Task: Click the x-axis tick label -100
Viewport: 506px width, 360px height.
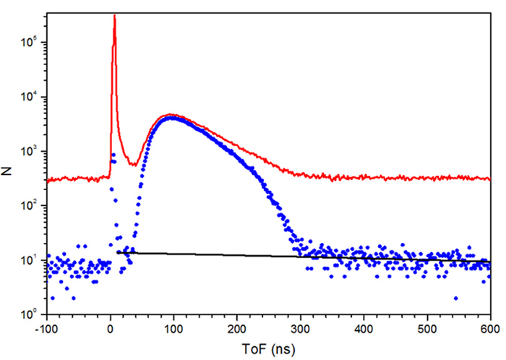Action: pyautogui.click(x=46, y=327)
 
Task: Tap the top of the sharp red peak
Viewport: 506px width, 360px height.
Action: pyautogui.click(x=114, y=15)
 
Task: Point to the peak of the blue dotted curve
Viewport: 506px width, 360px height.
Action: pyautogui.click(x=171, y=117)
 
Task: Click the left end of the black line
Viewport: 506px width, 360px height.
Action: pyautogui.click(x=117, y=252)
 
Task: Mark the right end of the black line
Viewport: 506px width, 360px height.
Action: pyautogui.click(x=490, y=260)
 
